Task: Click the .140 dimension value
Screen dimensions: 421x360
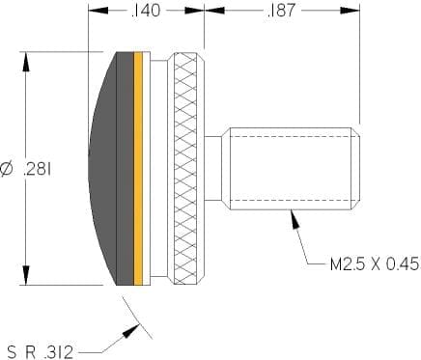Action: coord(146,11)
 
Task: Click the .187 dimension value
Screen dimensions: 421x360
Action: coord(281,11)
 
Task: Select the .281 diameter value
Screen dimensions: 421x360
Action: coord(38,169)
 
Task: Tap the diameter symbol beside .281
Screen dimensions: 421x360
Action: coord(7,169)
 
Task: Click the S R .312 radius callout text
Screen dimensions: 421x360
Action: coord(41,352)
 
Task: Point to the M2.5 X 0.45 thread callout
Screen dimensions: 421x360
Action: coord(376,264)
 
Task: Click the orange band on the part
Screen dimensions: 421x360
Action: coord(138,168)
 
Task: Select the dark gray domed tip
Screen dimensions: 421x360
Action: coord(111,168)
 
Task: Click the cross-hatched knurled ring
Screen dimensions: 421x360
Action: coord(185,168)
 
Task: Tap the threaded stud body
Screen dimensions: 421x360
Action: coord(291,169)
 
